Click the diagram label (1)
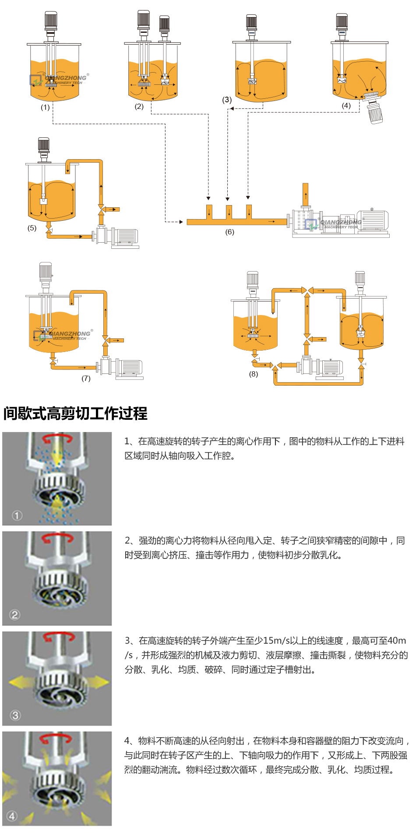point(45,107)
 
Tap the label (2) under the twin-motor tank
point(139,106)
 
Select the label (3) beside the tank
point(227,100)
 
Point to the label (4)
point(346,105)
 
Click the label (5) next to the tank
point(32,228)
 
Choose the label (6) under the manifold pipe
point(229,232)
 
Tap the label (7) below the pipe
point(86,378)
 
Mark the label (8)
point(254,374)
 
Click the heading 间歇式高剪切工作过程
point(75,413)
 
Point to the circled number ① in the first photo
point(17,516)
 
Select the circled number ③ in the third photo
point(15,715)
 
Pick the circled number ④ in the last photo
point(12,816)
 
